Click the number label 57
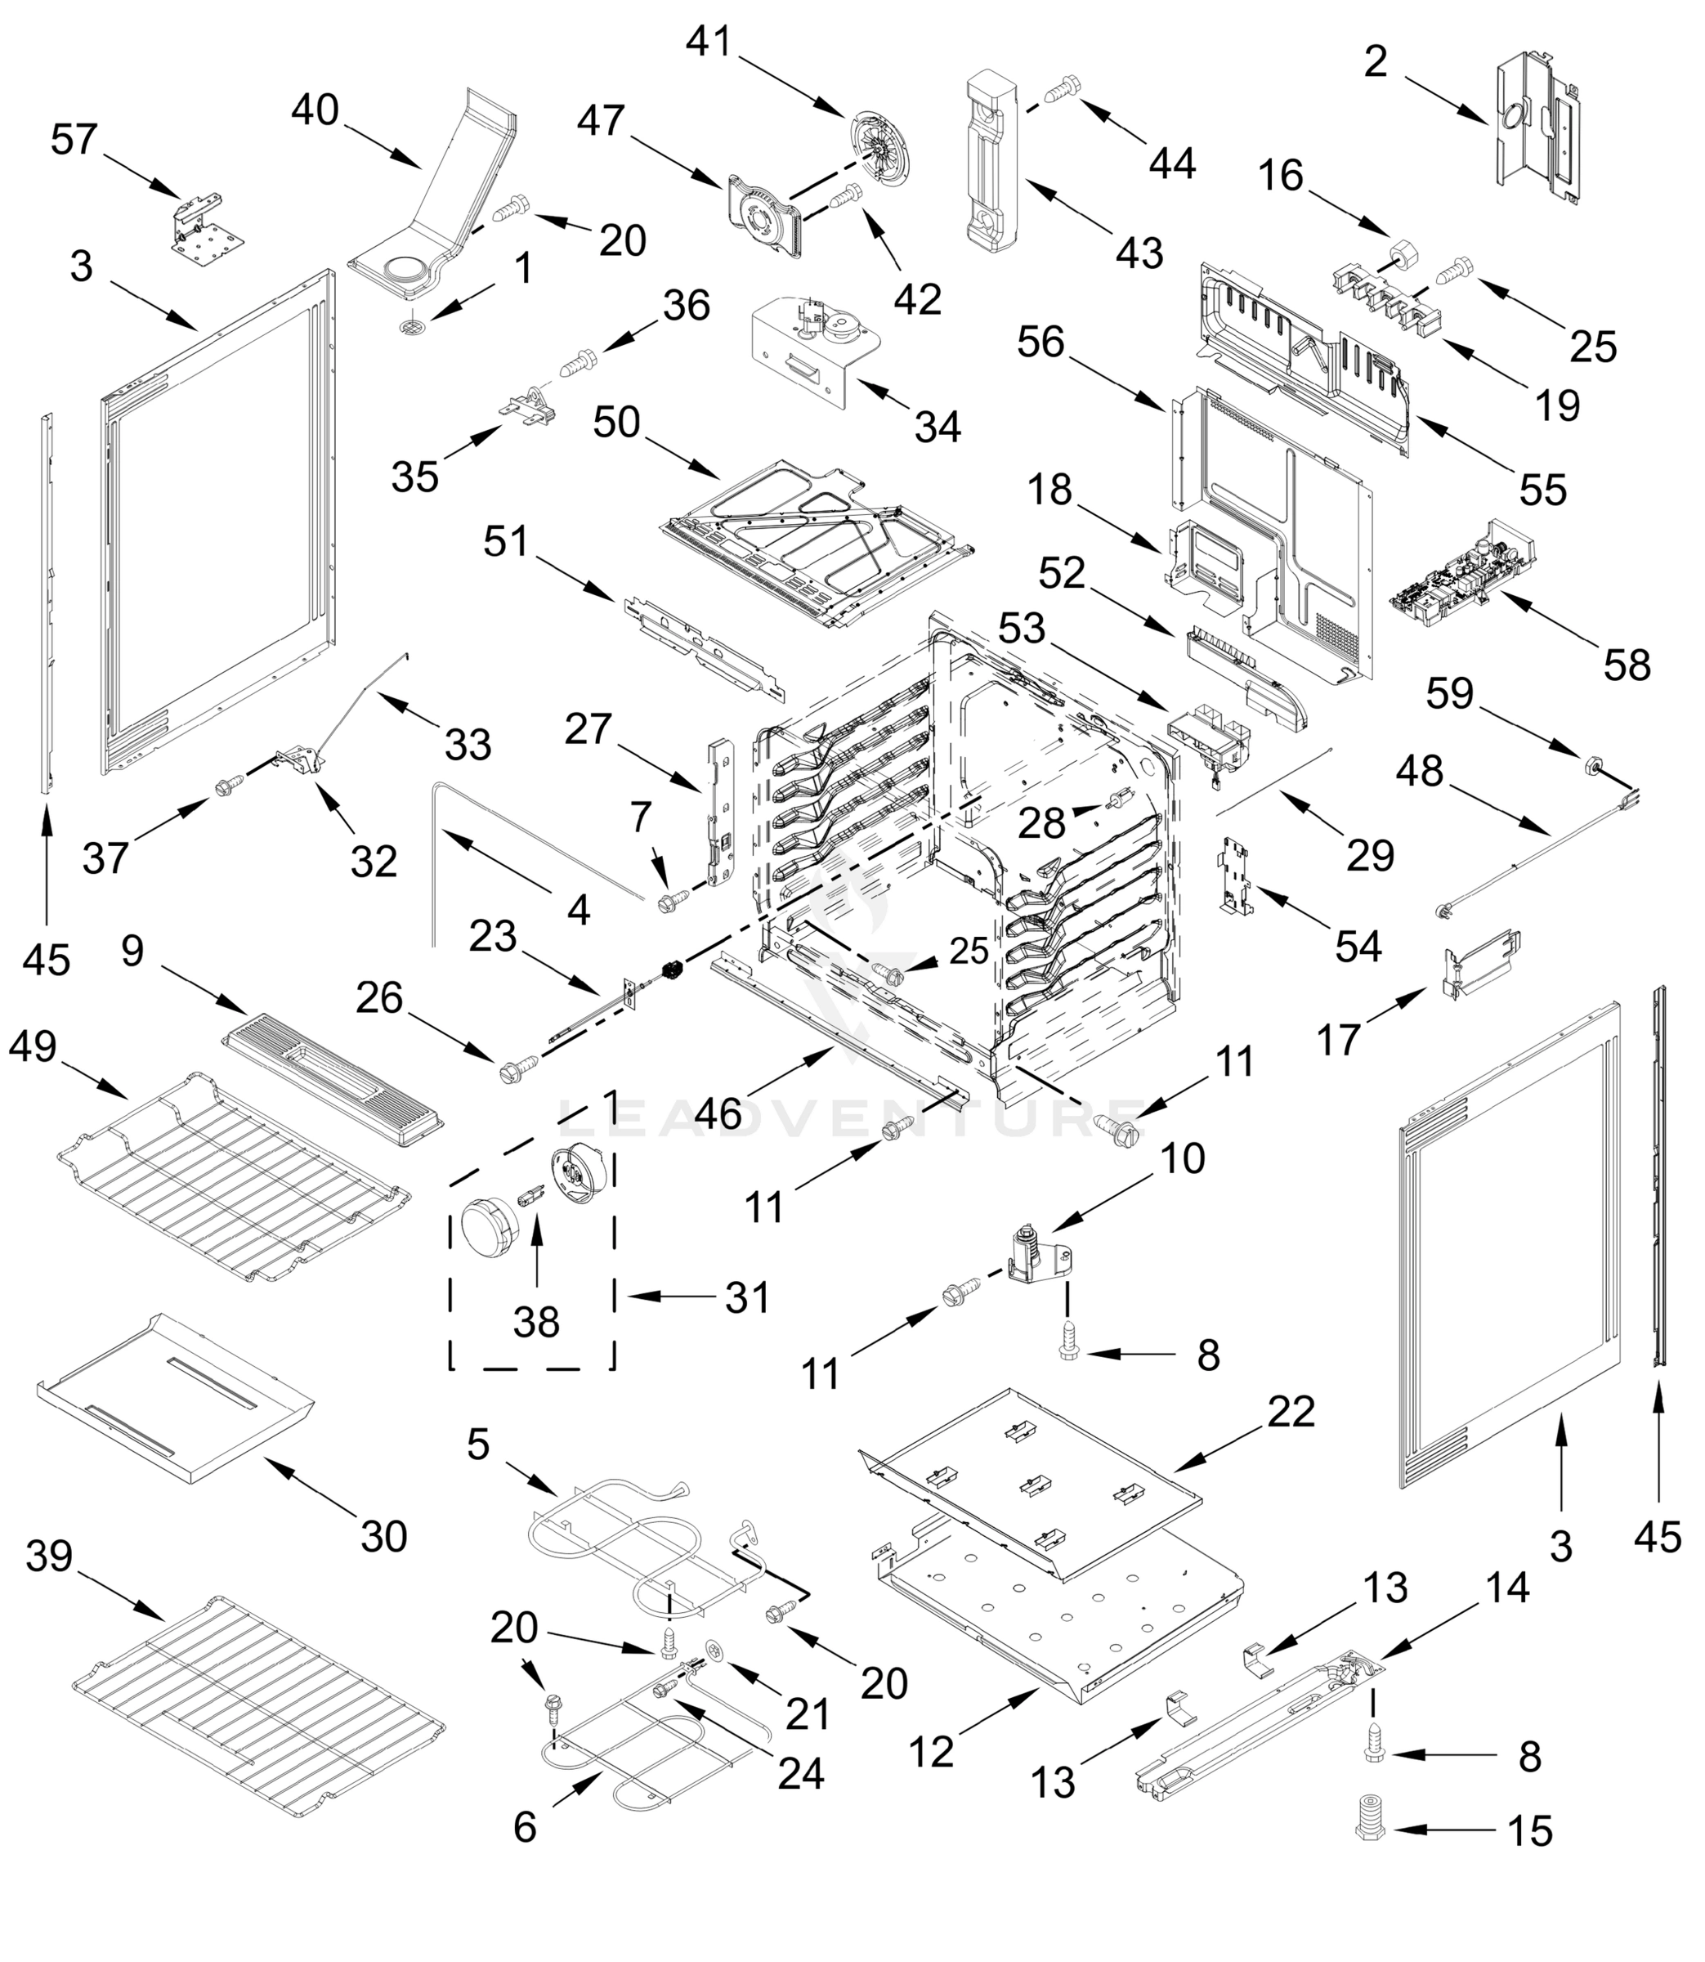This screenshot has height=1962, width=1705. point(74,139)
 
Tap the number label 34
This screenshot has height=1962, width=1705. point(938,428)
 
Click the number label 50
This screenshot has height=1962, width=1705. point(615,423)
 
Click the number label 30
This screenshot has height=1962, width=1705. point(383,1537)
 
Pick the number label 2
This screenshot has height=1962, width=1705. point(1375,63)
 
